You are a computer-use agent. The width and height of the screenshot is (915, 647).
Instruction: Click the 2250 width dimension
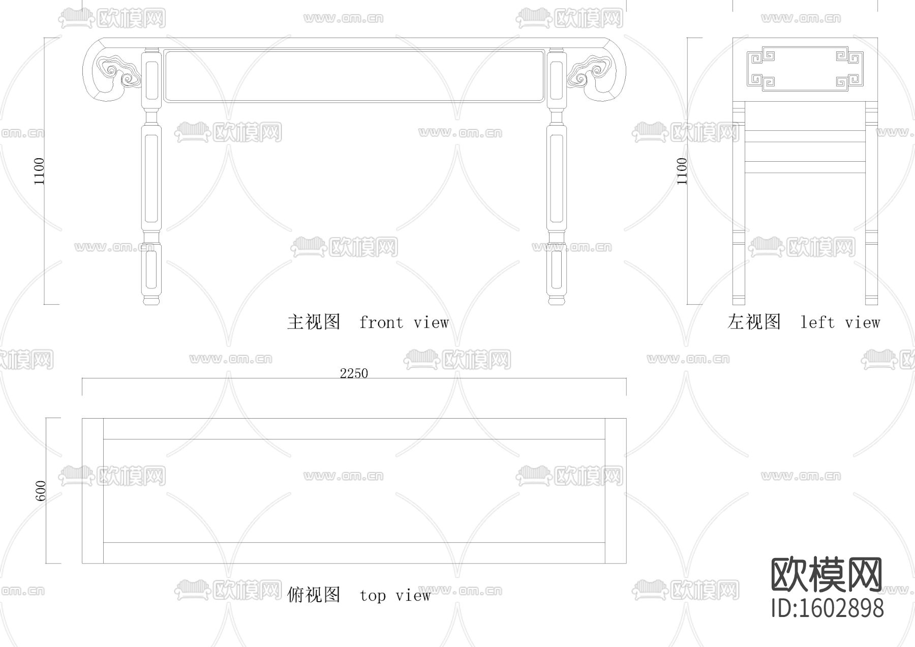[x=354, y=373]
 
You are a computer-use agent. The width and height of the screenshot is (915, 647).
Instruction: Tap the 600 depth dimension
[x=41, y=490]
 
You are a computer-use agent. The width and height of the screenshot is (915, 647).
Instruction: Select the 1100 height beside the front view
[x=39, y=171]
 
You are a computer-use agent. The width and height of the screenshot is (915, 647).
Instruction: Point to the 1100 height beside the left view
[x=682, y=171]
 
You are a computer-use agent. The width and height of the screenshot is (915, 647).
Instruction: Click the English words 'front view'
[x=404, y=322]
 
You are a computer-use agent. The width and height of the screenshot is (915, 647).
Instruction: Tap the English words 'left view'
[x=840, y=322]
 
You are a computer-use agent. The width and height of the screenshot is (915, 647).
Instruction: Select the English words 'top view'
[x=395, y=595]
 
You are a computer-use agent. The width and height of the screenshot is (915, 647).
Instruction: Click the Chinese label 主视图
[x=314, y=322]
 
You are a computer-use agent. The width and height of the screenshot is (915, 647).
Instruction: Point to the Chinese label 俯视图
[x=314, y=595]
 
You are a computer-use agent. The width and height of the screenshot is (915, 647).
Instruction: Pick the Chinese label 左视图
[x=754, y=322]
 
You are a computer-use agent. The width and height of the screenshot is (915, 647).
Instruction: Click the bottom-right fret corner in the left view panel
[x=847, y=81]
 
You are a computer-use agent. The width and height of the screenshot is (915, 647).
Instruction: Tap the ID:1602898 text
[x=828, y=608]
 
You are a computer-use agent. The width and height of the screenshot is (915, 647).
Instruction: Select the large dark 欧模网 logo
[x=827, y=575]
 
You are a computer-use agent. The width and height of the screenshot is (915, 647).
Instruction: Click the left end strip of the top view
[x=93, y=491]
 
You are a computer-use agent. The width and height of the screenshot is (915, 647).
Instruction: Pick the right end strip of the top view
[x=616, y=491]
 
